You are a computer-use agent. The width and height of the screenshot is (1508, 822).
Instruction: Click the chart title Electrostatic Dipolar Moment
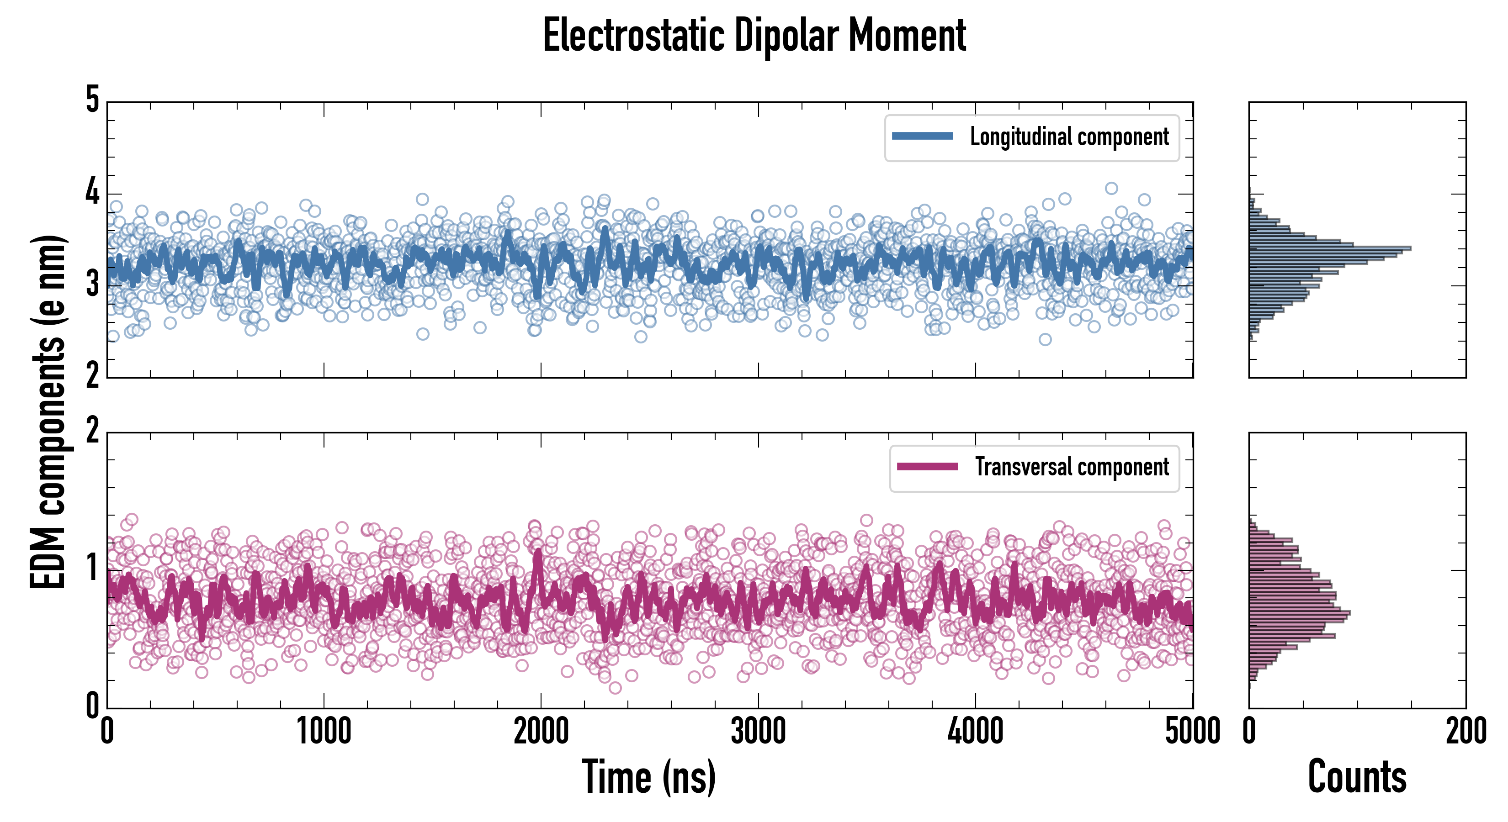coord(754,35)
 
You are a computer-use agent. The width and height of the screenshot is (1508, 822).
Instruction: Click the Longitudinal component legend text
coord(1069,137)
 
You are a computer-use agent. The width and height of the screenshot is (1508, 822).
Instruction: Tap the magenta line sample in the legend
coord(927,467)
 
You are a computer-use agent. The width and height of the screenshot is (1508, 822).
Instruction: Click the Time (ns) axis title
coord(648,777)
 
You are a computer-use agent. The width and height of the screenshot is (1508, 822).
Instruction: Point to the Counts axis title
coord(1357,777)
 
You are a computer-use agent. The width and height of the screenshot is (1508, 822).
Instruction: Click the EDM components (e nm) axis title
coord(48,412)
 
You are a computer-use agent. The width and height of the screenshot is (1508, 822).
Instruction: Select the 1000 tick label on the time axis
coord(324,731)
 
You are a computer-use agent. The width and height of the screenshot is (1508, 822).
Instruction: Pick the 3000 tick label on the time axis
coord(758,731)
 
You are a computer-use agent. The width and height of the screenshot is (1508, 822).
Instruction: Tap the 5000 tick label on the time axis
coord(1193,731)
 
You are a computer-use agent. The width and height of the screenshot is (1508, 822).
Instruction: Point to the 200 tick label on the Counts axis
coord(1466,731)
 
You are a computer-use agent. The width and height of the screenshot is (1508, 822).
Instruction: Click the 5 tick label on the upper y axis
coord(92,100)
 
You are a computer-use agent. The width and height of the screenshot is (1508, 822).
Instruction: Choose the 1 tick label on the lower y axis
coord(92,568)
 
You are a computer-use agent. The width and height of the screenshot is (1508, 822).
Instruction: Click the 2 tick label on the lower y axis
coord(92,432)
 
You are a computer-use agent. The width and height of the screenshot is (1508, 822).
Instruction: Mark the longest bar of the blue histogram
coord(1329,248)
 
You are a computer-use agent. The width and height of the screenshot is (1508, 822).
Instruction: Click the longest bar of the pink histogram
coord(1300,613)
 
